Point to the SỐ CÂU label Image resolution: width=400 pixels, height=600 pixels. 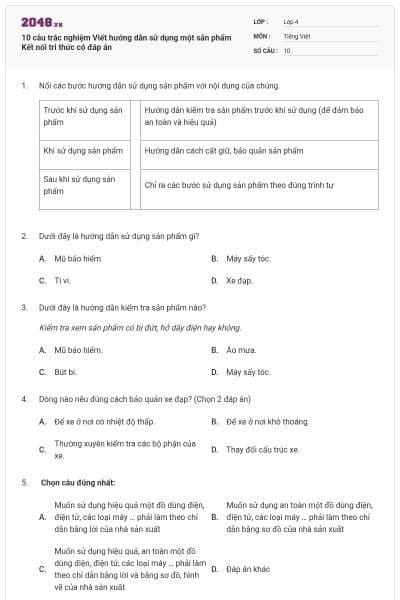(x=266, y=49)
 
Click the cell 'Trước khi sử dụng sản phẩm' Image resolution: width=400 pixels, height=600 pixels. (x=83, y=116)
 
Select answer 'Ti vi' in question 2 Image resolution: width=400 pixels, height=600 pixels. (x=62, y=280)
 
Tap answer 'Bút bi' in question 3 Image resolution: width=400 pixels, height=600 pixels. (x=65, y=372)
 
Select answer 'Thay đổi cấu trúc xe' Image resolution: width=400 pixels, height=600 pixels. (x=262, y=449)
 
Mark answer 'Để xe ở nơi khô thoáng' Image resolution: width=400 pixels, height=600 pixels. (x=267, y=421)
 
